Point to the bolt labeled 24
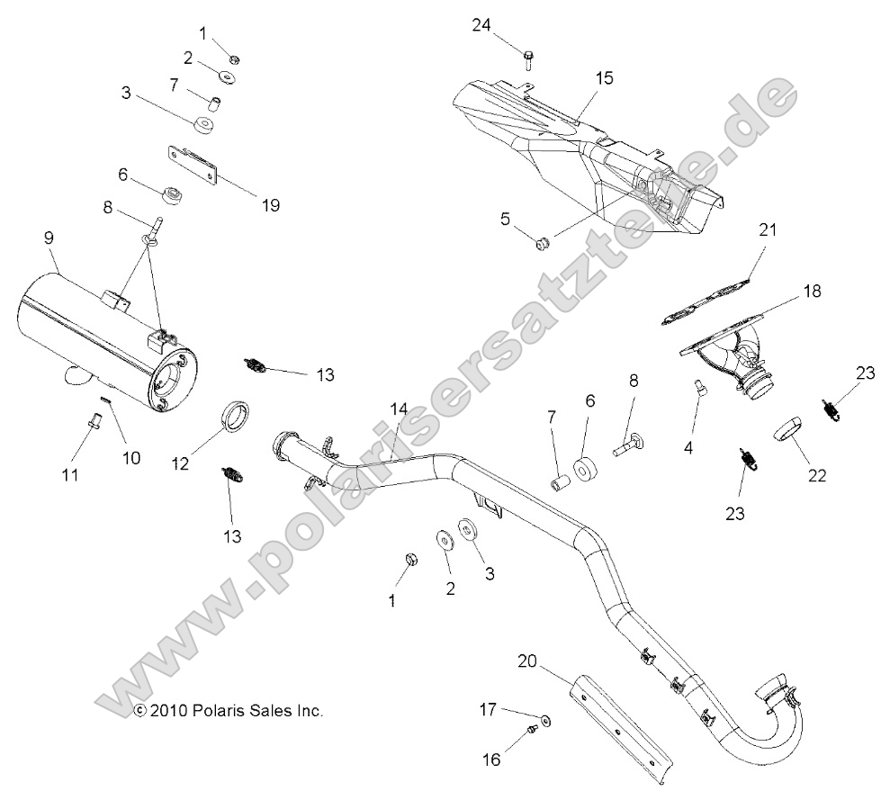[527, 61]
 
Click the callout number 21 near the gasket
[766, 256]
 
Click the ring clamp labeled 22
[789, 427]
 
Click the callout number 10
[131, 457]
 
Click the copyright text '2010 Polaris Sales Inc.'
[228, 710]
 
